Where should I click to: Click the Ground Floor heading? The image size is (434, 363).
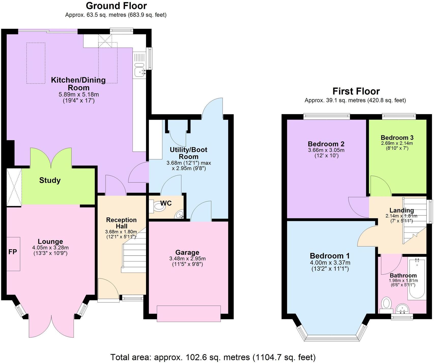[116, 6]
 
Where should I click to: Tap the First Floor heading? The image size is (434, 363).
[356, 91]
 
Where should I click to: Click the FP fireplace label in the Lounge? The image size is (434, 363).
[13, 252]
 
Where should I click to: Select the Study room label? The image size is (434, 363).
[50, 180]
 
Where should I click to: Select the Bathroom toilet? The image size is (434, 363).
[386, 304]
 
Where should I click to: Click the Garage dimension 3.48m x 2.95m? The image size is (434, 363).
[187, 258]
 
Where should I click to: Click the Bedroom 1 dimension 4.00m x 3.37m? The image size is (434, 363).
[330, 262]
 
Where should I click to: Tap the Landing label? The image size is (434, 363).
[401, 210]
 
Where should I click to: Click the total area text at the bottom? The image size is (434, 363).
[213, 357]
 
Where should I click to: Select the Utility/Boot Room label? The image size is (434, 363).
[189, 153]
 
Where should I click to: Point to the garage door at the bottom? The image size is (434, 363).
[189, 314]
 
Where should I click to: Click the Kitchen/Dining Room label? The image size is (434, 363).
[78, 84]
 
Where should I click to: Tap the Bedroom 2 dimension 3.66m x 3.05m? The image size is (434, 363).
[326, 150]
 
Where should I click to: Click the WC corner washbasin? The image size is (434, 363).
[179, 215]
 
